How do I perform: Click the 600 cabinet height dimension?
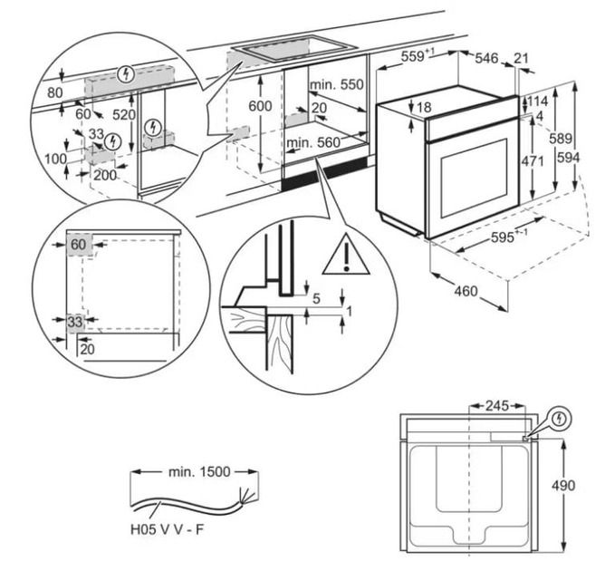260,105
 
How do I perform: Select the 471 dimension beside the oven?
533,161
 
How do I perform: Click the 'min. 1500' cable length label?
199,472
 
